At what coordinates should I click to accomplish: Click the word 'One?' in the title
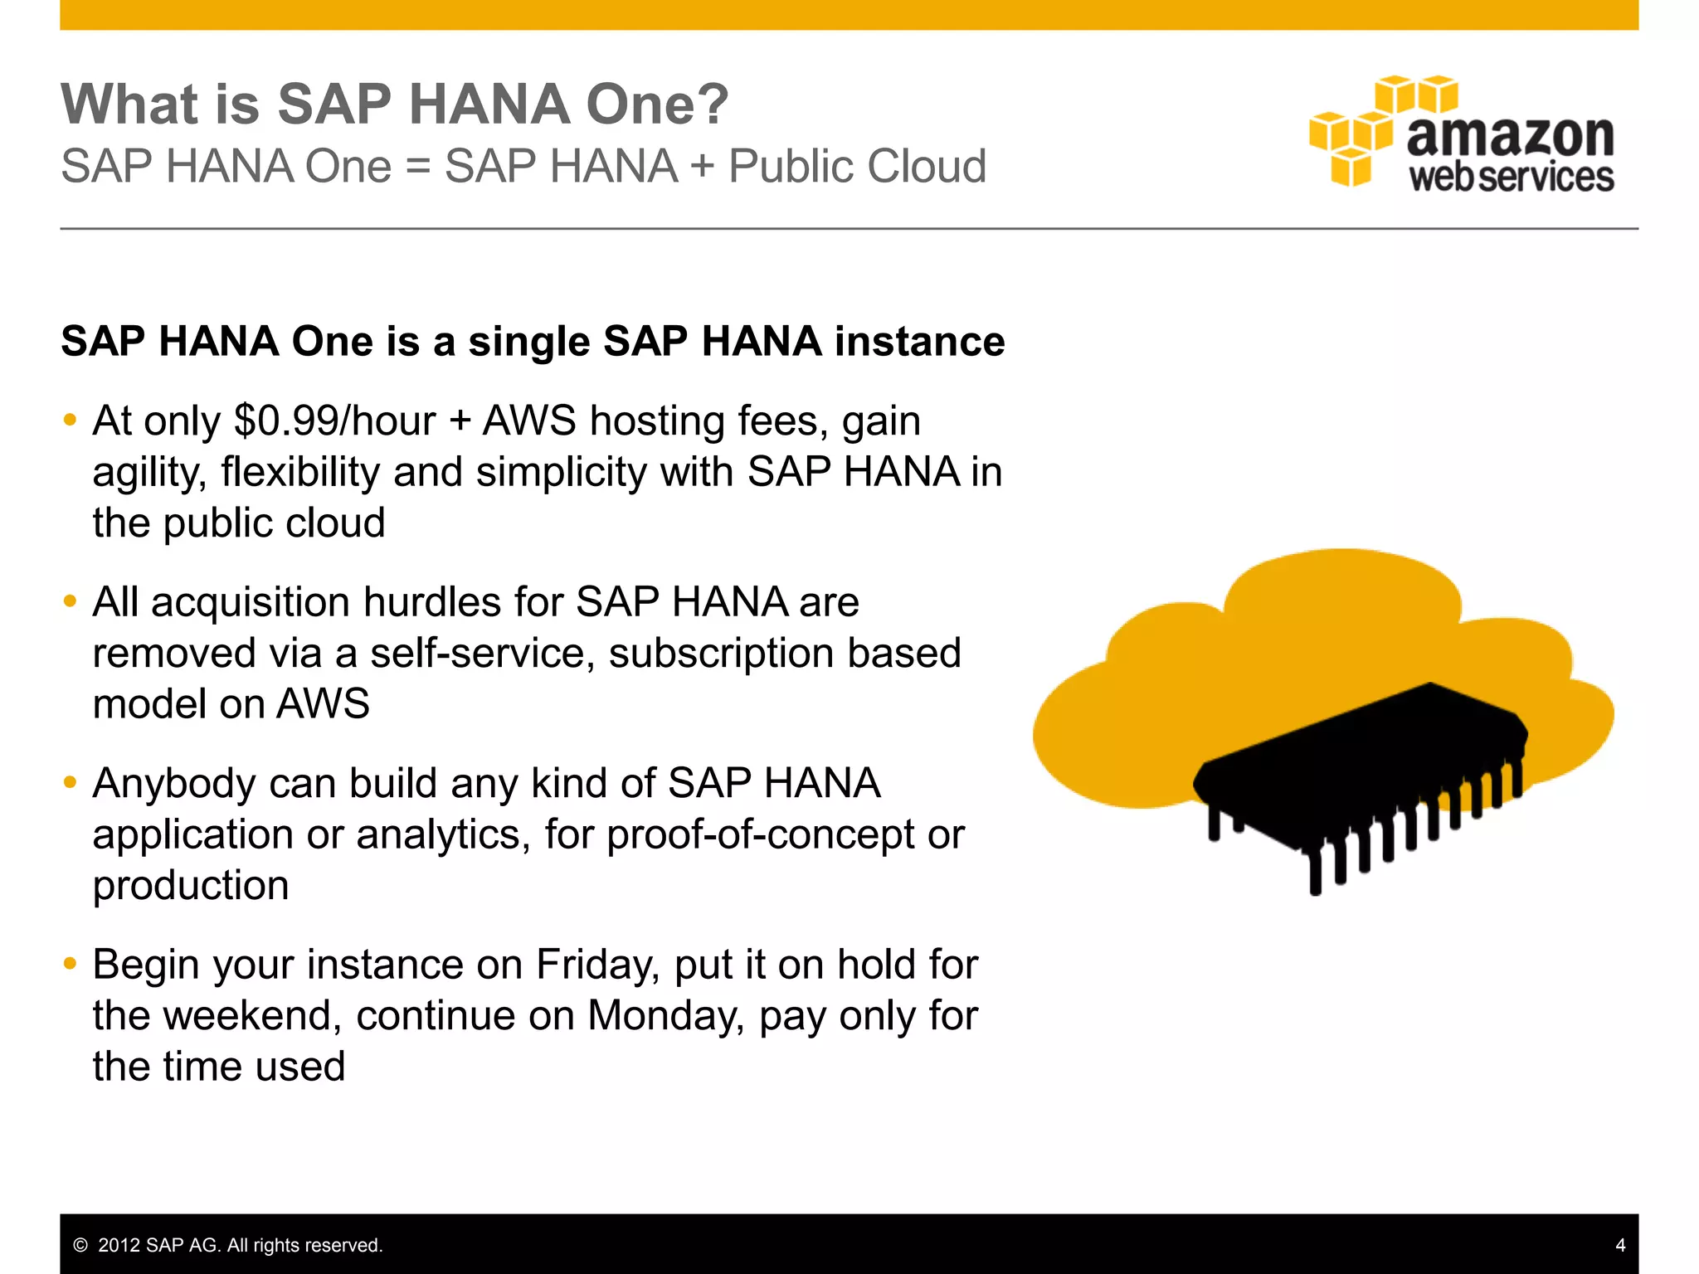click(657, 105)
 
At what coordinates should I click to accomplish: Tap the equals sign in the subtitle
click(418, 167)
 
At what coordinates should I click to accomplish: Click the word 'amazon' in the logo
click(1510, 136)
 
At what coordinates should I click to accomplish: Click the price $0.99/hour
click(334, 421)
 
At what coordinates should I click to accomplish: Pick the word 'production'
click(191, 886)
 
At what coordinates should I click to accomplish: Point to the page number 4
click(1620, 1245)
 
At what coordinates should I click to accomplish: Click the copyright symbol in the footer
click(80, 1246)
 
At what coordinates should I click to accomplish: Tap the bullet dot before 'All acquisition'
click(71, 601)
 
